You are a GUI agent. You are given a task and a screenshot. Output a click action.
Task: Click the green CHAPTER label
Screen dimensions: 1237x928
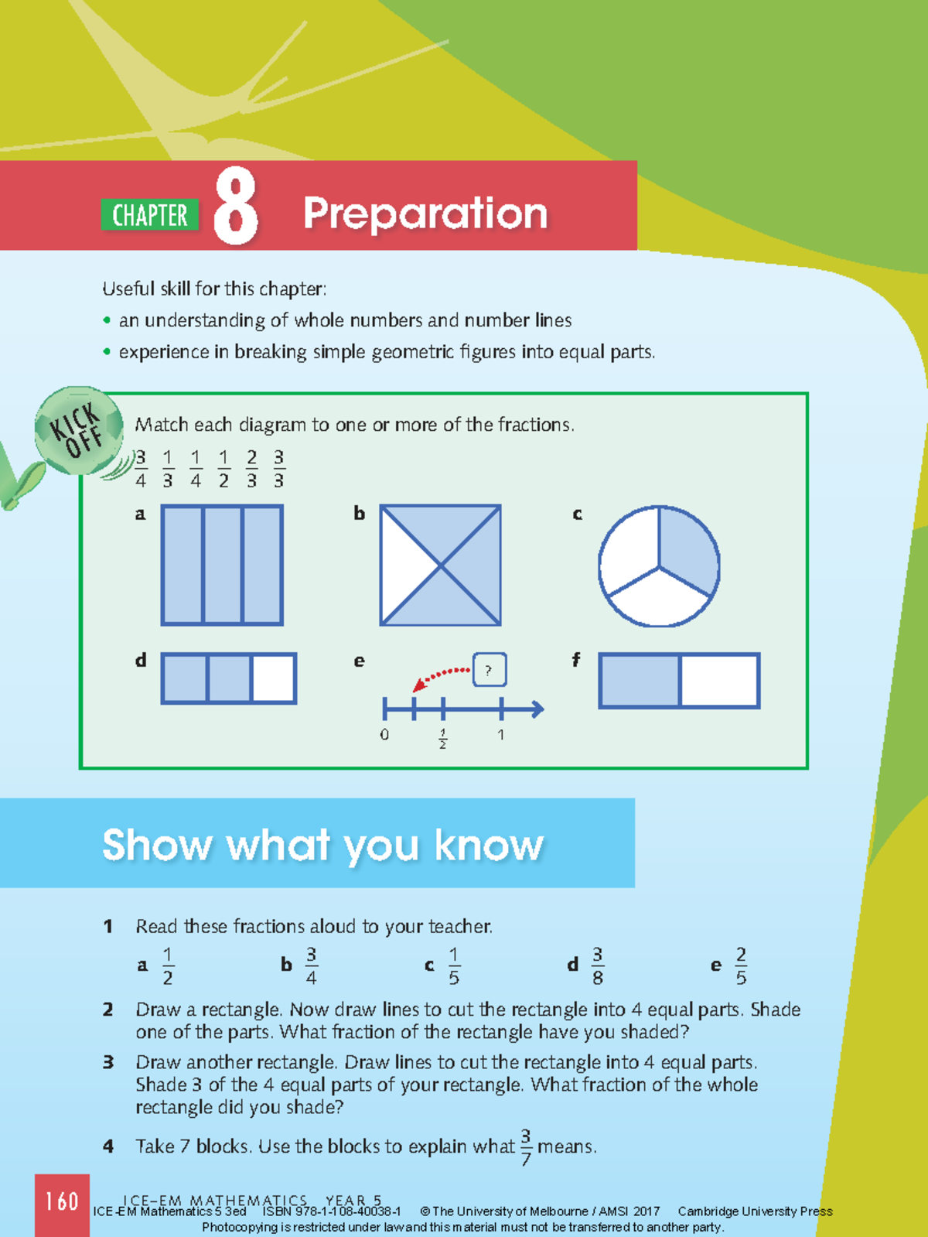149,215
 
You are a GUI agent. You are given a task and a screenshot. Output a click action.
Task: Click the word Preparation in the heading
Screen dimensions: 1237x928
425,214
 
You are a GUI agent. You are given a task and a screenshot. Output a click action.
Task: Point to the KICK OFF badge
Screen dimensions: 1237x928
78,430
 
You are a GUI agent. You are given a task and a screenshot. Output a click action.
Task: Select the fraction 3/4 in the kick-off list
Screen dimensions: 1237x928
140,469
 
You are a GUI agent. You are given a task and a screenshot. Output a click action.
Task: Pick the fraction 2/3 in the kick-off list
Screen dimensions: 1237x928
251,469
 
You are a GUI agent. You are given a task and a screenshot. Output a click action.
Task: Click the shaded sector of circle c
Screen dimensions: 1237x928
687,549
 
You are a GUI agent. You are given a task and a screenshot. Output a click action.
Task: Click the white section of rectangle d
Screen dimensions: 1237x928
274,678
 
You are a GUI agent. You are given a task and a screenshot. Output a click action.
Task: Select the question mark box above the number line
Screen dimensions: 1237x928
489,671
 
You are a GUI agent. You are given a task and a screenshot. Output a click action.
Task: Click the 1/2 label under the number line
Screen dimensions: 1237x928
442,738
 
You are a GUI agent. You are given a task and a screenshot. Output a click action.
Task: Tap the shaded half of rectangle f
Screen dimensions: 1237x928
640,681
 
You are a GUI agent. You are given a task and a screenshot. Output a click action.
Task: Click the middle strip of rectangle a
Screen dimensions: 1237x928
222,565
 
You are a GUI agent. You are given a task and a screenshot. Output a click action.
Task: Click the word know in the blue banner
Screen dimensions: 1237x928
488,845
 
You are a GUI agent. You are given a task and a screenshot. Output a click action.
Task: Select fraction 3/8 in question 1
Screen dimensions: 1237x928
597,965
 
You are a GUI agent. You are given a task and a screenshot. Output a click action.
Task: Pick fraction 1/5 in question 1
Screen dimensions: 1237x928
454,965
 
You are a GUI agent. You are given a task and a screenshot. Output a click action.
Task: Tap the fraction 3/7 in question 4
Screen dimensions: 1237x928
526,1146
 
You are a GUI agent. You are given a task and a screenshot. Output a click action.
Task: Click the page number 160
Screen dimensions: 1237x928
62,1201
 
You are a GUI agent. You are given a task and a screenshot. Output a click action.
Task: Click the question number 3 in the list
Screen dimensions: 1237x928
108,1062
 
